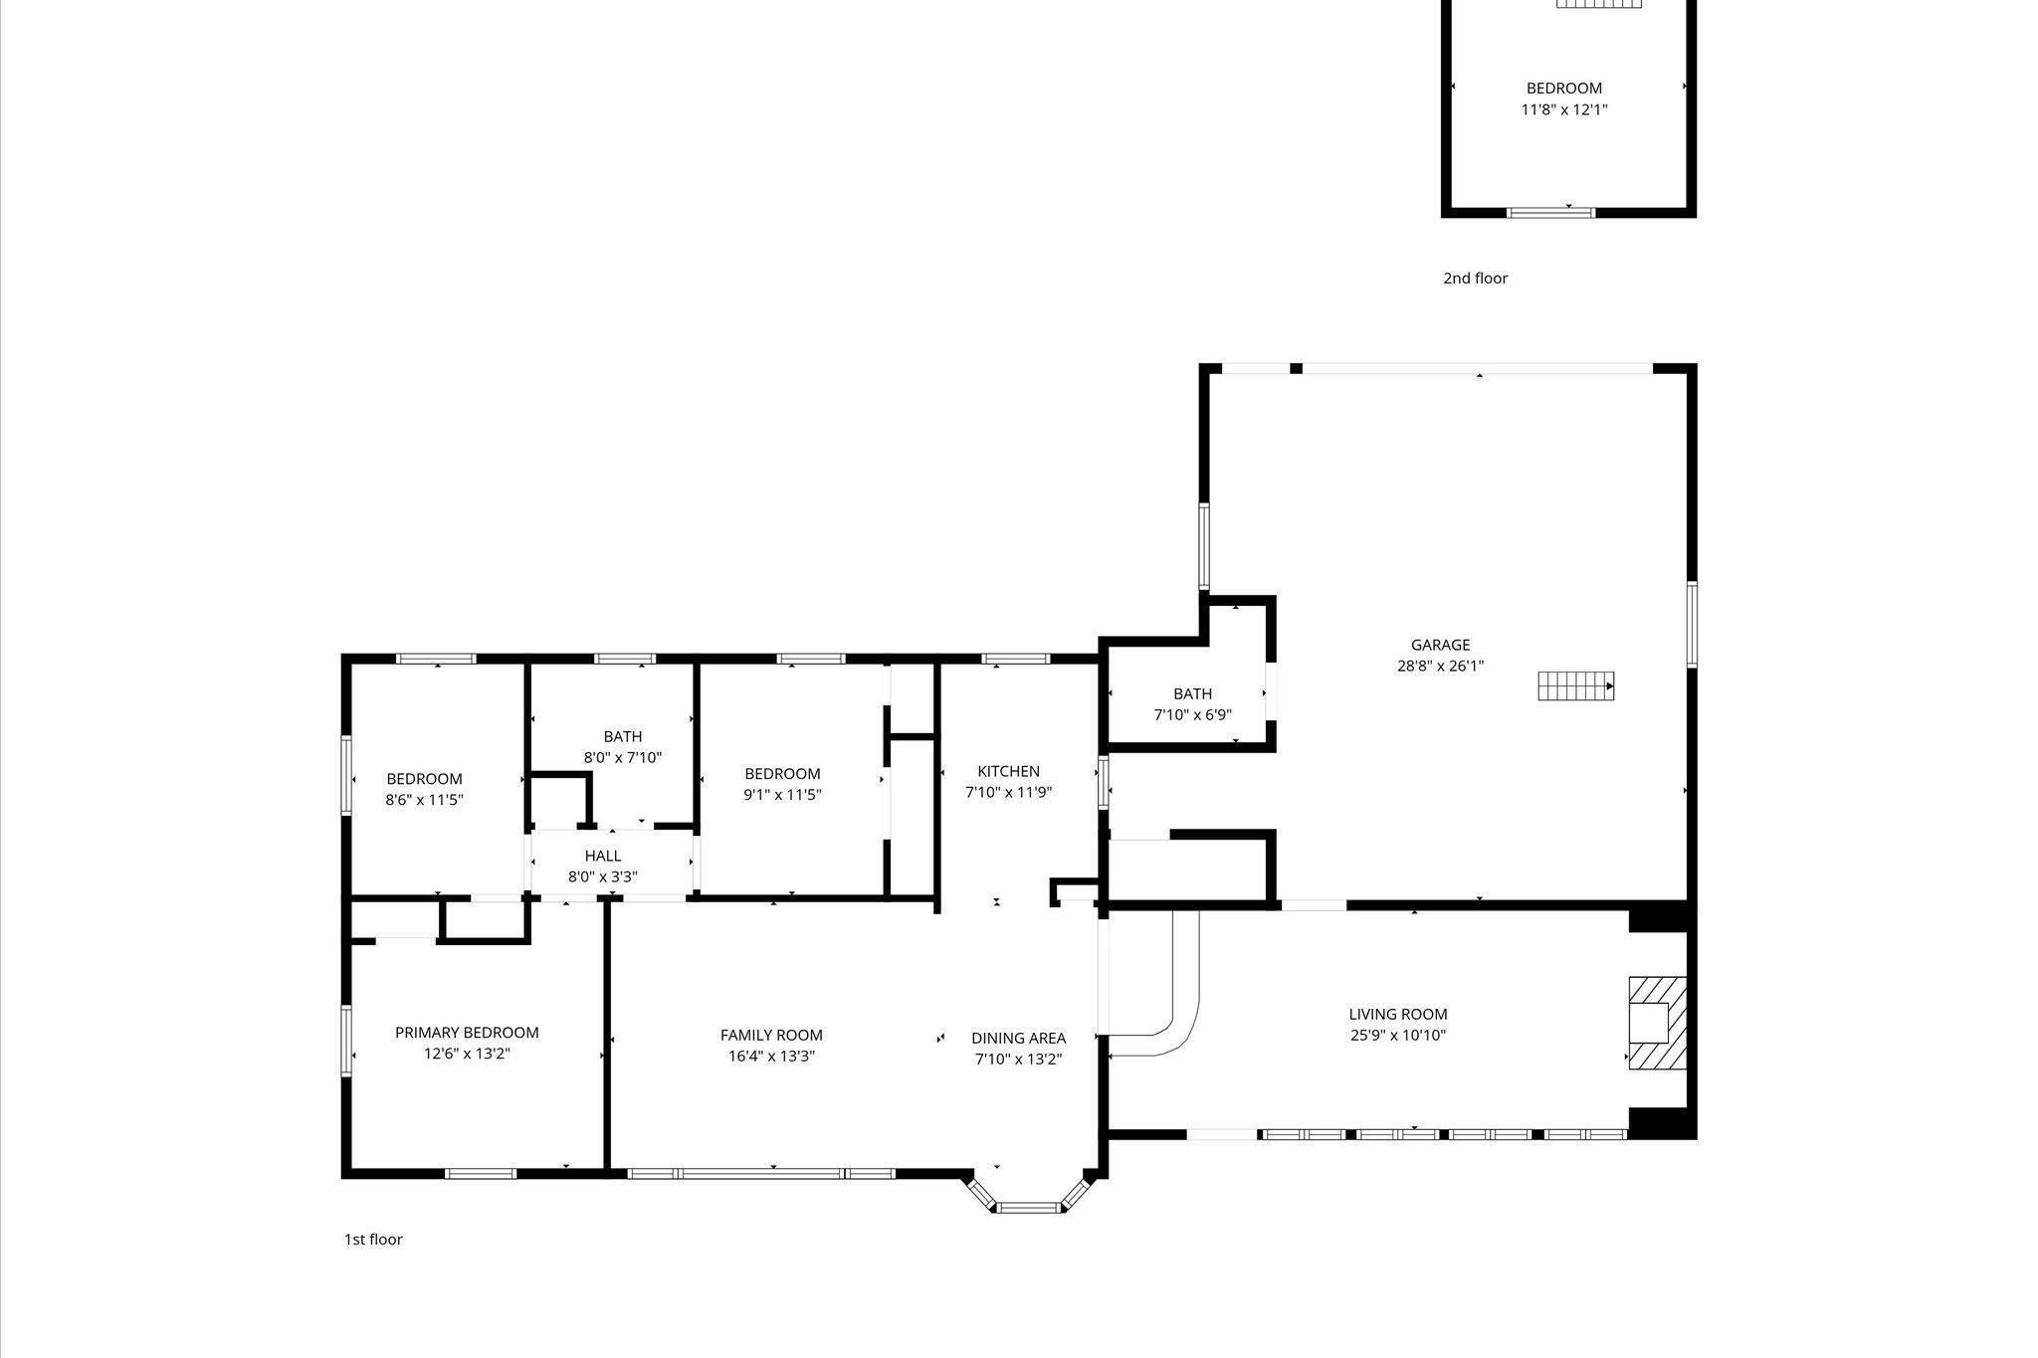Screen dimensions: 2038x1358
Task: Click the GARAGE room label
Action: click(x=1440, y=645)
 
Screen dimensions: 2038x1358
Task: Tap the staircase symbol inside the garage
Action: click(x=1575, y=685)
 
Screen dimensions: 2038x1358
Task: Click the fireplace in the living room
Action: click(x=1657, y=1023)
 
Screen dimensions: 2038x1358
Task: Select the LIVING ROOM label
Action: click(x=1398, y=1014)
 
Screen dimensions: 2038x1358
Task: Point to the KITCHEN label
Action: click(x=1008, y=771)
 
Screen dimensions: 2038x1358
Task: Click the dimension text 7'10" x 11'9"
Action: click(x=1008, y=793)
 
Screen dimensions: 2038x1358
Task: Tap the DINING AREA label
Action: click(x=1018, y=1038)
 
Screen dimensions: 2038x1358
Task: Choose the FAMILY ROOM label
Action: click(x=771, y=1035)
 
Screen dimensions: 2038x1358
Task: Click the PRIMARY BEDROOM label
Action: click(x=467, y=1033)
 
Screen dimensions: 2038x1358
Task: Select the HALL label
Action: click(x=603, y=856)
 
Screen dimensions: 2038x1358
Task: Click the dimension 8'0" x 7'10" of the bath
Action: click(x=623, y=758)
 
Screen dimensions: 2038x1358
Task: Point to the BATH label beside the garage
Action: click(x=1192, y=693)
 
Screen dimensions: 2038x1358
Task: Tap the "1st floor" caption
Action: click(x=373, y=1240)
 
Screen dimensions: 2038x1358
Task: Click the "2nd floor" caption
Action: click(x=1475, y=279)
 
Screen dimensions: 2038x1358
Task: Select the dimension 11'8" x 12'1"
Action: click(x=1564, y=109)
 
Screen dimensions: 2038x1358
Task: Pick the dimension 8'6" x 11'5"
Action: click(x=425, y=799)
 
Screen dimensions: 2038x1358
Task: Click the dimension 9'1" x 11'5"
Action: click(x=782, y=795)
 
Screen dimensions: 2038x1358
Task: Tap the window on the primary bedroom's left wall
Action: click(x=346, y=1041)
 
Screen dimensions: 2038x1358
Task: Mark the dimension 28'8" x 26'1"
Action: click(x=1440, y=667)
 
